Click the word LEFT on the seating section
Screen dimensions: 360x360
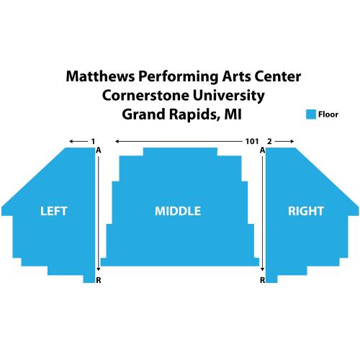53,211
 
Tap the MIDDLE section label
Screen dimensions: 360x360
178,211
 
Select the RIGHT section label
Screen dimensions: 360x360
306,211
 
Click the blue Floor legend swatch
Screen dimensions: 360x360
311,114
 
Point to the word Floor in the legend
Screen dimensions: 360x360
328,114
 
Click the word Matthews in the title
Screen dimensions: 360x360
100,76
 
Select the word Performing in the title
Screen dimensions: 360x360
178,78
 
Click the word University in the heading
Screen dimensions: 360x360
228,96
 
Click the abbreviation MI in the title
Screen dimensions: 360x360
233,114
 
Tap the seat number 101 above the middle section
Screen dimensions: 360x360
252,141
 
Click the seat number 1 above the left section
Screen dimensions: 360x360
93,141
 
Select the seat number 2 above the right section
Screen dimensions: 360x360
269,141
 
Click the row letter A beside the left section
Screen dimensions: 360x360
99,150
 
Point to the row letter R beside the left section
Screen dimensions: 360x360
99,280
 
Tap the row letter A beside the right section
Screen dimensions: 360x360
263,150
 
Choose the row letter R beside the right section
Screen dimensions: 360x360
263,280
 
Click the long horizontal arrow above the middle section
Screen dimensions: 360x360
179,141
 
